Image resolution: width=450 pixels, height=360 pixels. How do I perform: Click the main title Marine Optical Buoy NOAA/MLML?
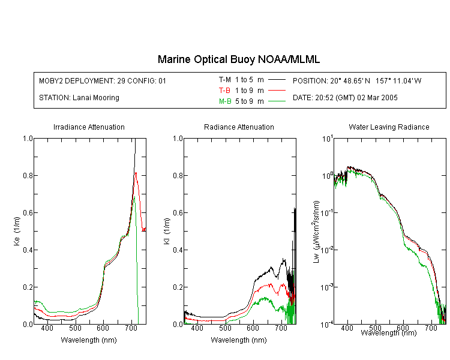tap(238, 59)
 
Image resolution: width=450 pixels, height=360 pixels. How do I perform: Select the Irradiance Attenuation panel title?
tap(89, 127)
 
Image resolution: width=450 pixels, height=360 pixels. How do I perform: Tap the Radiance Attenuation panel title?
tap(239, 127)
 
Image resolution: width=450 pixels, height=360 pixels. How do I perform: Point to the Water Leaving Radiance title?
tap(389, 127)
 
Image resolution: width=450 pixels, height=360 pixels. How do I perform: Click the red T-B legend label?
tap(224, 91)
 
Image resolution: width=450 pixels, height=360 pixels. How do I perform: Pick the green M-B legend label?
tap(225, 101)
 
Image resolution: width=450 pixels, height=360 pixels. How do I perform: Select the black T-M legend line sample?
tap(277, 80)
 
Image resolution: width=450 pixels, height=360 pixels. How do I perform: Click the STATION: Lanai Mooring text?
tap(79, 98)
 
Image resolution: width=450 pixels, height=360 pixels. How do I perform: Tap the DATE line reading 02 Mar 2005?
tap(345, 98)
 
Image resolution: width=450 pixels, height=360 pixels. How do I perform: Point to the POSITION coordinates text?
tap(357, 80)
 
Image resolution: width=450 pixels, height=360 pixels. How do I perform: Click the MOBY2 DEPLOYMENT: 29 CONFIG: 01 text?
tap(103, 80)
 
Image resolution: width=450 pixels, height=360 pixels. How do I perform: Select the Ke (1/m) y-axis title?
tap(17, 231)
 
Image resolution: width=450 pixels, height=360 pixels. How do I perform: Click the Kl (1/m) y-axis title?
tap(167, 231)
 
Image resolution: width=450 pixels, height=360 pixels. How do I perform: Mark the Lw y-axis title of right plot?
tap(316, 232)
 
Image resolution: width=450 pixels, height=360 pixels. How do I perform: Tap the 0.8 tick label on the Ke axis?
tap(28, 175)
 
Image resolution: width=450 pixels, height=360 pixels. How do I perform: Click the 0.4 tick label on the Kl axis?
tap(178, 250)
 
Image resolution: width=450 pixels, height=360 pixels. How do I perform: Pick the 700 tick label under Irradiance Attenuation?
tap(131, 328)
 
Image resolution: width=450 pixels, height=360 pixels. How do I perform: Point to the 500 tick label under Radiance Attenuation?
tap(225, 328)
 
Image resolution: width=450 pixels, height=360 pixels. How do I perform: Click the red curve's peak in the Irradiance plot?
tap(136, 173)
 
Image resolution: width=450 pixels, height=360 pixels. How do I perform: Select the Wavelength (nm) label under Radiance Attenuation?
tap(239, 340)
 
